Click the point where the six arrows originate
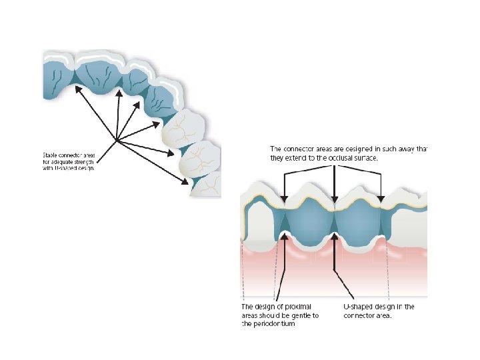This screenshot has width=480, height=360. [x=117, y=141]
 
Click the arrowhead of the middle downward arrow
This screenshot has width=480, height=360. [x=335, y=199]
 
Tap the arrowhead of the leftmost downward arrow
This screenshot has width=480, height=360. [x=284, y=199]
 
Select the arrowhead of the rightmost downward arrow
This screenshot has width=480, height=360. [x=381, y=199]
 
